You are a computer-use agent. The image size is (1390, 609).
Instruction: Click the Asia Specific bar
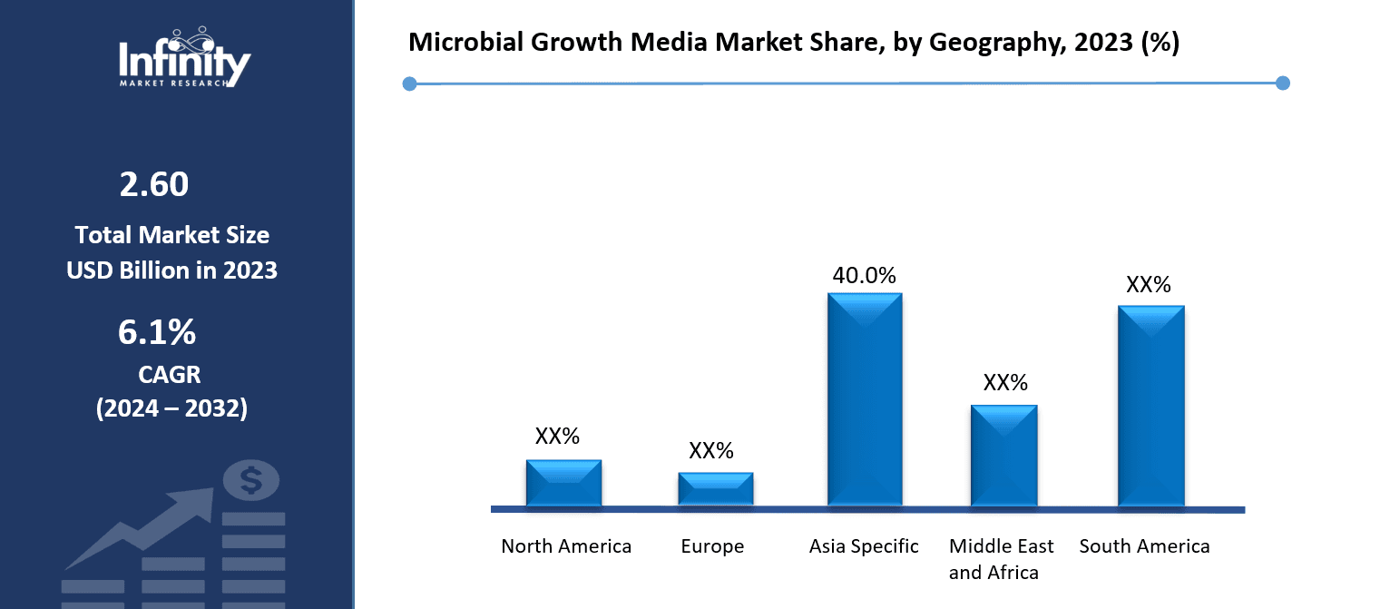(865, 399)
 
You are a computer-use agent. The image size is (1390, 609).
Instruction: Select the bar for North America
(563, 483)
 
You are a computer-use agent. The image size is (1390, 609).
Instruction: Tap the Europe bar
(715, 489)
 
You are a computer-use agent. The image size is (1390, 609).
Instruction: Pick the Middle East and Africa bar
(1003, 456)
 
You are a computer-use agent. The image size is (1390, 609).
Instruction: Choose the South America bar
(1150, 406)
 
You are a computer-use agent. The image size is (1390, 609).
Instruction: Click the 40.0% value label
(865, 275)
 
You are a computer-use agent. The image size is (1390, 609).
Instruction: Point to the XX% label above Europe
(711, 451)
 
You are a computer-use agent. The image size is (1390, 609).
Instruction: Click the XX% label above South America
(1149, 285)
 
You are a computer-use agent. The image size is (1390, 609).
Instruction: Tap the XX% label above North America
(557, 437)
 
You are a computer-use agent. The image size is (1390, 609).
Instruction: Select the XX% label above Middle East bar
(1005, 383)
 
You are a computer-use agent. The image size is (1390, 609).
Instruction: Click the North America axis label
(566, 546)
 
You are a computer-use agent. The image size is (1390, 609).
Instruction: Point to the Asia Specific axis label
(864, 546)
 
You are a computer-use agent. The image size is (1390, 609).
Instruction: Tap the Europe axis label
(712, 546)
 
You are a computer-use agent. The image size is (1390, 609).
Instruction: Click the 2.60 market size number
(154, 185)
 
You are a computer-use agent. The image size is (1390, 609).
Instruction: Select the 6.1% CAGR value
(157, 333)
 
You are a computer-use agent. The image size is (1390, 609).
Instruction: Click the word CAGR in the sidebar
(171, 374)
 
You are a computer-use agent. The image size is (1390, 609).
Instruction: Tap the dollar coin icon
(250, 480)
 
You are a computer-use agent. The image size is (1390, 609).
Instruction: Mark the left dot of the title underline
(409, 84)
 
